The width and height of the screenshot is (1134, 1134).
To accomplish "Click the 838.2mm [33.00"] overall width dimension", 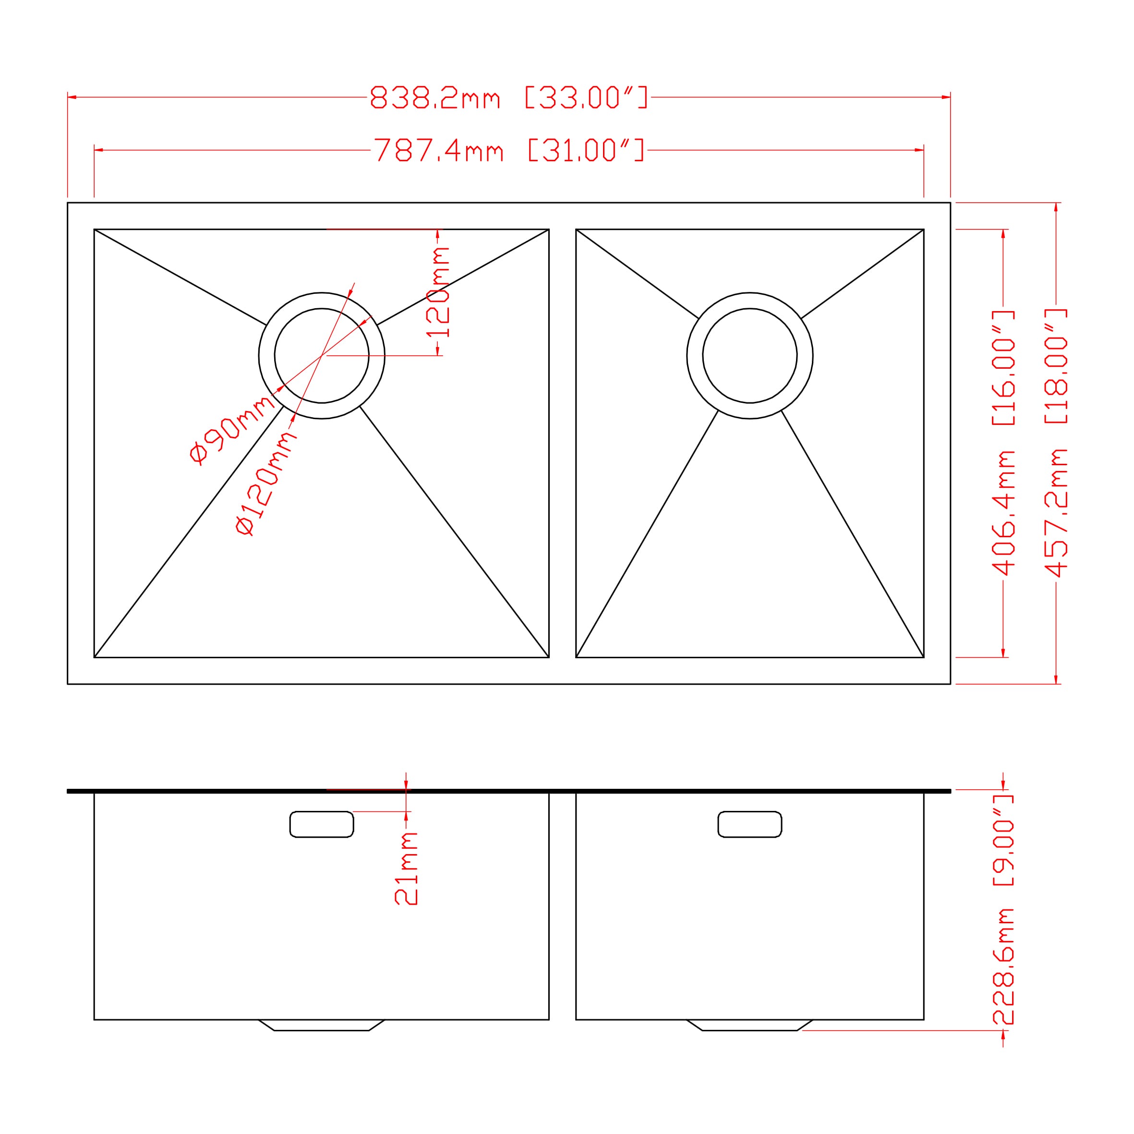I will (x=509, y=97).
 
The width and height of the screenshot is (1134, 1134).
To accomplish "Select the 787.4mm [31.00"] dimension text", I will (x=509, y=150).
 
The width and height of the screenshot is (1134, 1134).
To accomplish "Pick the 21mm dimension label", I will (x=406, y=868).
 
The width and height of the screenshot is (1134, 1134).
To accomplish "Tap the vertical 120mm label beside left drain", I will (x=438, y=292).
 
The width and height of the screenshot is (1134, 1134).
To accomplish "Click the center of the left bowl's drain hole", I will (x=322, y=356).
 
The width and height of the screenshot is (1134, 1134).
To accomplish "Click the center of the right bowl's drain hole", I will (x=749, y=356).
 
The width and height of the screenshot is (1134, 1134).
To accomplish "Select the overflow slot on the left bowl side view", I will (x=322, y=824).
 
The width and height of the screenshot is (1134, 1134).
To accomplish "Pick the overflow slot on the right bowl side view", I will (x=749, y=824).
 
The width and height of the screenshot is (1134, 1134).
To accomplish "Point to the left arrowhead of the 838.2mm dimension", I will (x=72, y=97).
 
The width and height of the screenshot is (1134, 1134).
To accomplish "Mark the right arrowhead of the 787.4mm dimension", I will (x=919, y=150).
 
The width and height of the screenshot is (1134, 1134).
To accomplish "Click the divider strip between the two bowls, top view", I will (x=562, y=443).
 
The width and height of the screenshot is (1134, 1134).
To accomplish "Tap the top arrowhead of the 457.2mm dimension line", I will (x=1056, y=207).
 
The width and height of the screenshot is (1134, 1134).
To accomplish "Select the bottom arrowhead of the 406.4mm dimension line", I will (x=1003, y=652).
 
